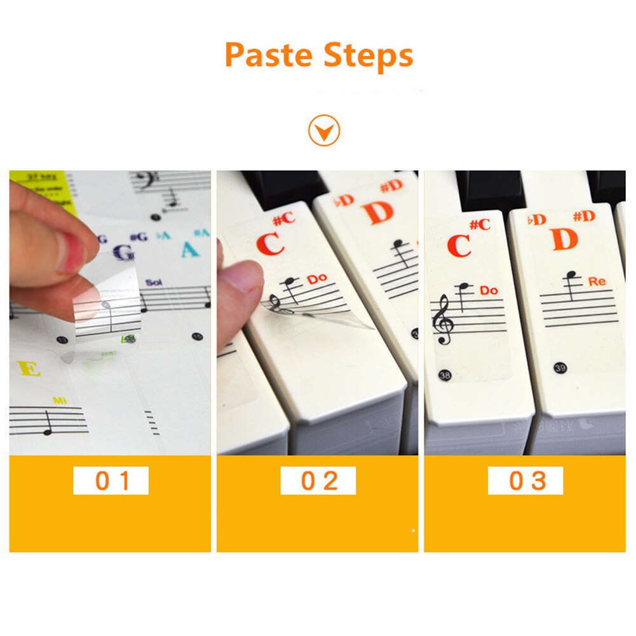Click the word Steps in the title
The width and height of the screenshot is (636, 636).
[x=369, y=57]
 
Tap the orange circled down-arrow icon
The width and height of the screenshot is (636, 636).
[x=324, y=132]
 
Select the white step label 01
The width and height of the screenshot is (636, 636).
[x=111, y=481]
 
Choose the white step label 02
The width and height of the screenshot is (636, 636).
[x=318, y=481]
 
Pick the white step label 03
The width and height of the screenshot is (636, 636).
[x=525, y=481]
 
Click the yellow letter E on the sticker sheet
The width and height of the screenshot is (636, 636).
[x=29, y=369]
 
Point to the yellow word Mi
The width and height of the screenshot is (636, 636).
[x=60, y=400]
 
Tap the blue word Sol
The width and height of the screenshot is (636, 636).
[x=154, y=281]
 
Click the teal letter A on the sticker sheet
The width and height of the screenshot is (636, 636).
[x=189, y=249]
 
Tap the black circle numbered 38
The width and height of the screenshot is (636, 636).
[x=445, y=376]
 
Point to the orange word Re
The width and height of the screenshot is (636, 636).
[x=597, y=281]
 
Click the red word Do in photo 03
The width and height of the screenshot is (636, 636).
[x=488, y=290]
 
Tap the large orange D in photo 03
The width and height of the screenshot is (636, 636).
[x=564, y=239]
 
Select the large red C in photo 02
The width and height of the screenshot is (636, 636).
[x=270, y=245]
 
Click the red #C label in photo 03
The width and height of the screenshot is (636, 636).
[x=480, y=224]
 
